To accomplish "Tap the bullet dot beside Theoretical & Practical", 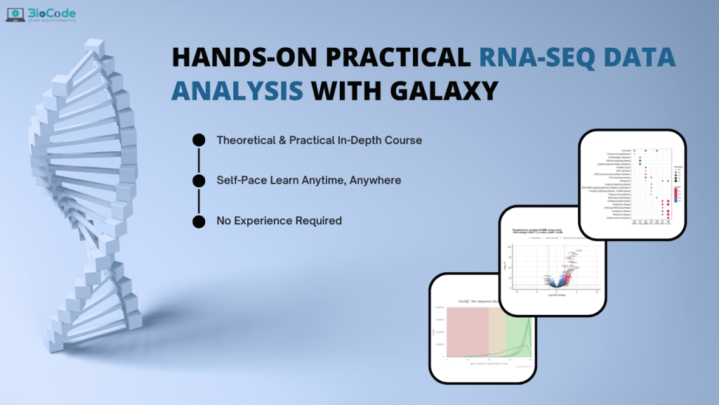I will tap(199, 140).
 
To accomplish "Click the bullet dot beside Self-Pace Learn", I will tap(199, 180).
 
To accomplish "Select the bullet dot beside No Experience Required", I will tap(199, 221).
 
